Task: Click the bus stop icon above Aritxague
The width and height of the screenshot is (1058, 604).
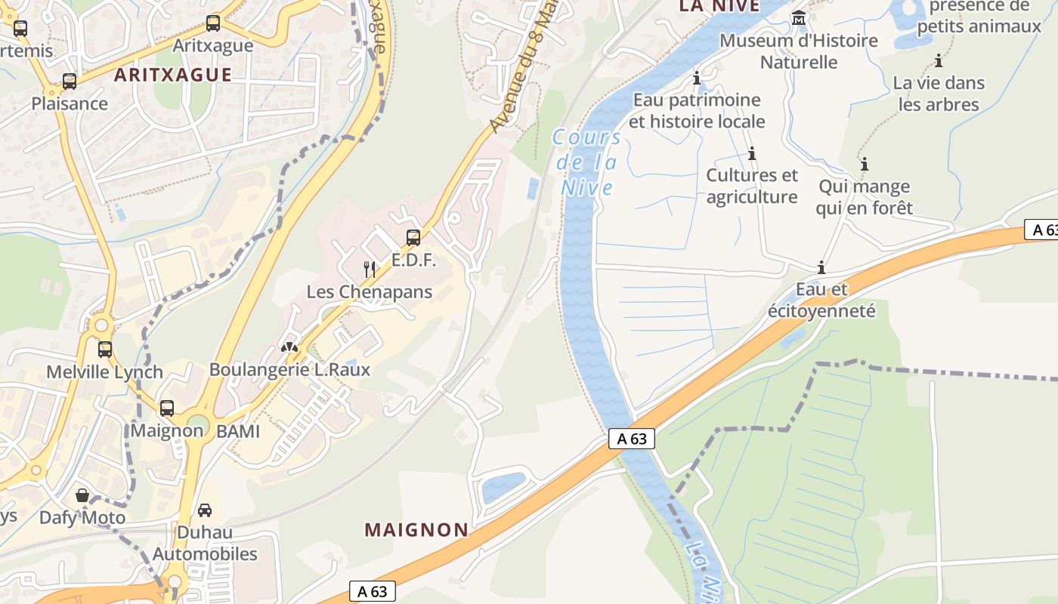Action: point(213,23)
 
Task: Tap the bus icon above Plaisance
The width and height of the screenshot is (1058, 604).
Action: point(70,82)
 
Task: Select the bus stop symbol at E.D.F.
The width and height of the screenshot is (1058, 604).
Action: point(413,238)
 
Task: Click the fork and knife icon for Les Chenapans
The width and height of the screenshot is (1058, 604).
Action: point(370,269)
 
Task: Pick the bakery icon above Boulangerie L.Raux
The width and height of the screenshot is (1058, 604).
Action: point(289,347)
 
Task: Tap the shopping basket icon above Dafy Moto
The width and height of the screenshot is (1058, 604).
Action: point(82,496)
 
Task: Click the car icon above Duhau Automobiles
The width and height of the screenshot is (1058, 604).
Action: point(205,510)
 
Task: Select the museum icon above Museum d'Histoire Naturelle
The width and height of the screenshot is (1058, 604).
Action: point(799,17)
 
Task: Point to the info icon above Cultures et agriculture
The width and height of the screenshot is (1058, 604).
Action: point(752,154)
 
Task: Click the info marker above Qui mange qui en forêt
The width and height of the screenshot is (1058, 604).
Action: point(864,164)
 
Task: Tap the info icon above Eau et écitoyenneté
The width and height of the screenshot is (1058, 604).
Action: point(821,267)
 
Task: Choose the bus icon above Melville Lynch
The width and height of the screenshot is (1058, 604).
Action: point(105,350)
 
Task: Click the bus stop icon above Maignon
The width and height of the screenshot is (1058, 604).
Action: point(167,408)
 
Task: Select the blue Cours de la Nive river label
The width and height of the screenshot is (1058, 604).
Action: point(586,162)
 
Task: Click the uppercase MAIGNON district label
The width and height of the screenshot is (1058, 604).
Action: point(416,530)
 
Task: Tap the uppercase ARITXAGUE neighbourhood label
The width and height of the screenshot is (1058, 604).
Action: point(173,75)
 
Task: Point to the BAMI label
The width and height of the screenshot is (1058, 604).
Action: point(238,432)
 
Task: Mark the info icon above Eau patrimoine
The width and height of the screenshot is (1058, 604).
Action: point(697,78)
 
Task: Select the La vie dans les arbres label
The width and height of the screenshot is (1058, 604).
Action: point(939,94)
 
